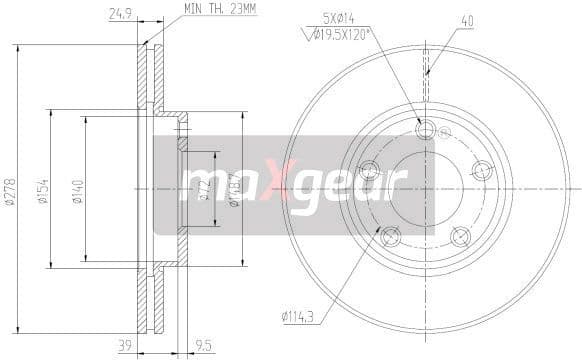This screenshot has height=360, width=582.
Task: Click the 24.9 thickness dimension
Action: (x=120, y=14)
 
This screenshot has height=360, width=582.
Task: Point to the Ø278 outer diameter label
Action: (x=10, y=189)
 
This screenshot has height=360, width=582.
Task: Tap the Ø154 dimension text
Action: (x=44, y=189)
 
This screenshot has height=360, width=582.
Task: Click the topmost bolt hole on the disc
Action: (x=426, y=129)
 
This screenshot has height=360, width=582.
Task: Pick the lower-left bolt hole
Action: (x=391, y=237)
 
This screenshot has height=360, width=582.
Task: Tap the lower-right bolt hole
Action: (x=461, y=237)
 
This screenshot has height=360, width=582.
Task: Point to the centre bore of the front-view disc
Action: (x=426, y=187)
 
